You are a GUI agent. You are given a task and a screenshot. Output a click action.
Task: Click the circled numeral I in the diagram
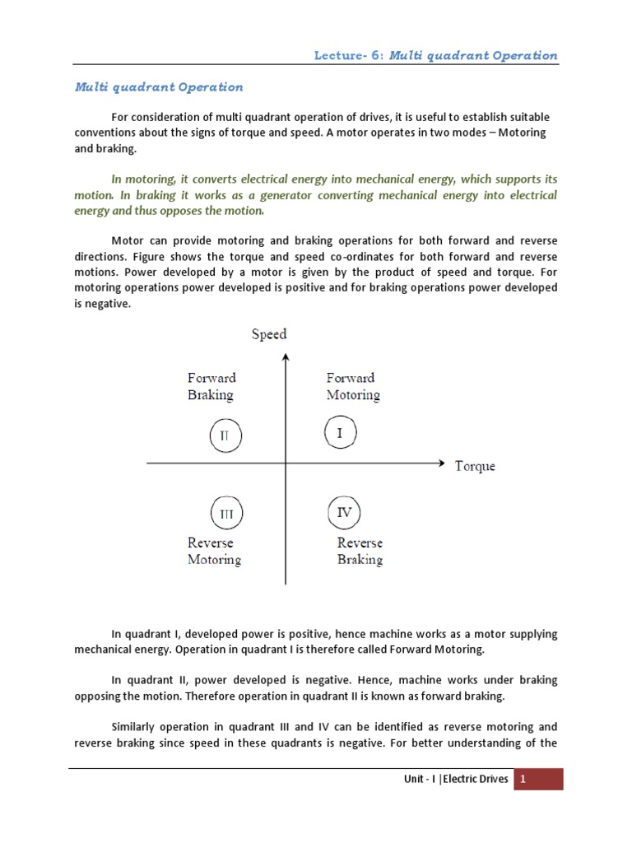point(339,432)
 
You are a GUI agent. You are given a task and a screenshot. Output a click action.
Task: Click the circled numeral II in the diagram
point(225,435)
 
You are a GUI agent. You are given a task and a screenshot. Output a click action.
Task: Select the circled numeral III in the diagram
point(226,514)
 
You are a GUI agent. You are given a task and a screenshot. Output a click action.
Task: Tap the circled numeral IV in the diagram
point(344,513)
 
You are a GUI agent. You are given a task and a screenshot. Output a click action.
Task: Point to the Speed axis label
point(269,334)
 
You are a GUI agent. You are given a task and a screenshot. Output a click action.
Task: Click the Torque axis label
point(475,466)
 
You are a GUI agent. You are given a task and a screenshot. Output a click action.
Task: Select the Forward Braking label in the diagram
point(211,386)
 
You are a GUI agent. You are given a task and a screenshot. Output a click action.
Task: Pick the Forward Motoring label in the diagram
point(353,386)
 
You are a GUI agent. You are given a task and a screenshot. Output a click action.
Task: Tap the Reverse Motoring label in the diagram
point(214,551)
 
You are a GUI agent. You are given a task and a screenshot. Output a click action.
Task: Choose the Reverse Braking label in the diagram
point(360,551)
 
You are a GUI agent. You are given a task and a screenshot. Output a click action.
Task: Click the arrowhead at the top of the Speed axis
point(286,357)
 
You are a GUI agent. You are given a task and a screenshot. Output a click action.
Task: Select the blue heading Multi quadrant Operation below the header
point(160,86)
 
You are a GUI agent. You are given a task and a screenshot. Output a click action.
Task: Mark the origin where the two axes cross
point(286,464)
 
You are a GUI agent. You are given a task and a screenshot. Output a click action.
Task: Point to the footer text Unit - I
point(416,780)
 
